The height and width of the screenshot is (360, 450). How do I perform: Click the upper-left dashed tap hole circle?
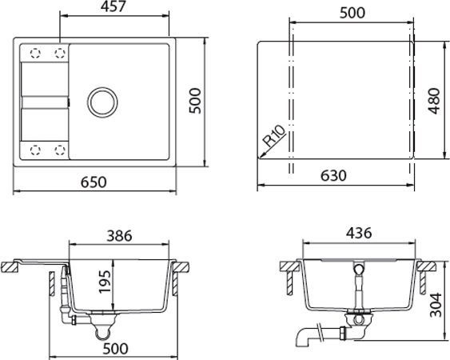point(34,53)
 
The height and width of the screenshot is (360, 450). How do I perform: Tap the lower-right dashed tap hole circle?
point(59,149)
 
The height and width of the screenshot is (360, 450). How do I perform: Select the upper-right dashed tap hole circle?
point(59,53)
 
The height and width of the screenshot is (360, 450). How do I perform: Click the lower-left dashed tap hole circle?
point(34,149)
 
